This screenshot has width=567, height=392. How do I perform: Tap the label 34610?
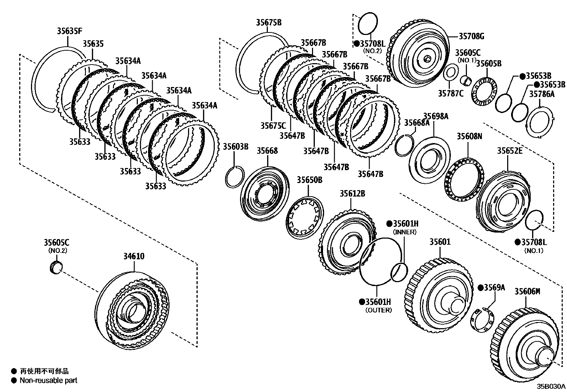click(134, 256)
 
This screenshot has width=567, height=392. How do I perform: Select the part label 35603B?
click(235, 147)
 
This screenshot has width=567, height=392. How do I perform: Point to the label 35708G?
click(471, 36)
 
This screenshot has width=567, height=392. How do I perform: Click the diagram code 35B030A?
click(551, 386)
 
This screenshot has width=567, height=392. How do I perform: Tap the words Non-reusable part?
click(48, 381)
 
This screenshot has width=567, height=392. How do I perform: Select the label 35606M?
click(527, 291)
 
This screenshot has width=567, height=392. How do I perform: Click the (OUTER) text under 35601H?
click(378, 310)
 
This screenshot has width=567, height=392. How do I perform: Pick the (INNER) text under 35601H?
click(405, 232)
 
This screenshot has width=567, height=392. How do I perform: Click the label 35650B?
click(309, 180)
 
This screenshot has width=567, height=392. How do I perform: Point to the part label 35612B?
click(352, 194)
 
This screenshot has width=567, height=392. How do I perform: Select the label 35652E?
click(510, 151)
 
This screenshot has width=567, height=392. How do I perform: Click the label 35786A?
click(541, 94)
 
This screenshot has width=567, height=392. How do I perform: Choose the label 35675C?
click(273, 126)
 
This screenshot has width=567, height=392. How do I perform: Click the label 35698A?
click(436, 116)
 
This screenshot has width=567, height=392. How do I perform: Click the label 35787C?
click(451, 93)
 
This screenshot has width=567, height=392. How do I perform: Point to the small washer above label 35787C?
click(451, 73)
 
